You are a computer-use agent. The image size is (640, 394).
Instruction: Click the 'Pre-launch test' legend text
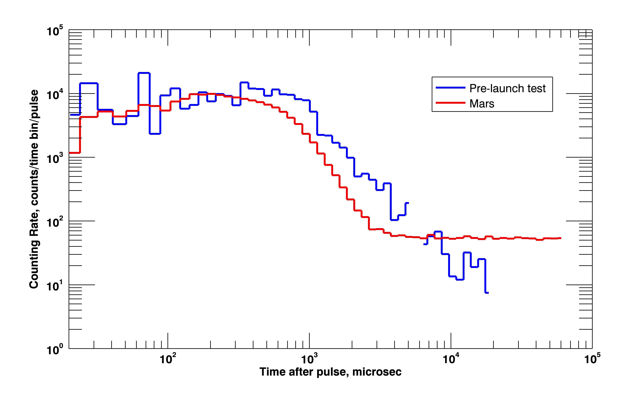coord(507,89)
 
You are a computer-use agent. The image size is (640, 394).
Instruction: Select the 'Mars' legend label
coord(482,104)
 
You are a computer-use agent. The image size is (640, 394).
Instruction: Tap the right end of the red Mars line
coord(560,238)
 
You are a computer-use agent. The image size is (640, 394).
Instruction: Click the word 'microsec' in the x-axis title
coord(377,372)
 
